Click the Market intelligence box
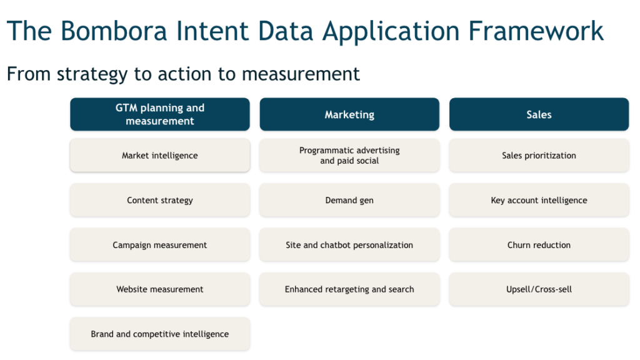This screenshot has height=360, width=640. click(160, 156)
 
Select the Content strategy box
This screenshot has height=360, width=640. click(160, 201)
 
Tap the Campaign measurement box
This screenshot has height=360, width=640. click(160, 245)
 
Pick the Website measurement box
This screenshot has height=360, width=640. click(160, 289)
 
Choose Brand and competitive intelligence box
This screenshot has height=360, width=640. click(160, 334)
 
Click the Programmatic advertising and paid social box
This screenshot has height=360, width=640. click(349, 156)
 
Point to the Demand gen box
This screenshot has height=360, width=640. click(349, 201)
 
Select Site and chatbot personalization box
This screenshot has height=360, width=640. click(349, 245)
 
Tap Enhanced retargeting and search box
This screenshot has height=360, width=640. click(349, 289)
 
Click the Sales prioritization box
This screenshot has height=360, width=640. click(539, 156)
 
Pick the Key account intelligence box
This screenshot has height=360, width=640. click(539, 201)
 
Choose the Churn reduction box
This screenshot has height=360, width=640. click(539, 245)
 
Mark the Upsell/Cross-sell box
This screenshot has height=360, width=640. click(539, 289)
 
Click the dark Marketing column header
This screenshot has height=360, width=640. click(349, 114)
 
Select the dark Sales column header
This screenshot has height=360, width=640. click(539, 114)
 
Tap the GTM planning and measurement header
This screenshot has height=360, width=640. click(160, 114)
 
